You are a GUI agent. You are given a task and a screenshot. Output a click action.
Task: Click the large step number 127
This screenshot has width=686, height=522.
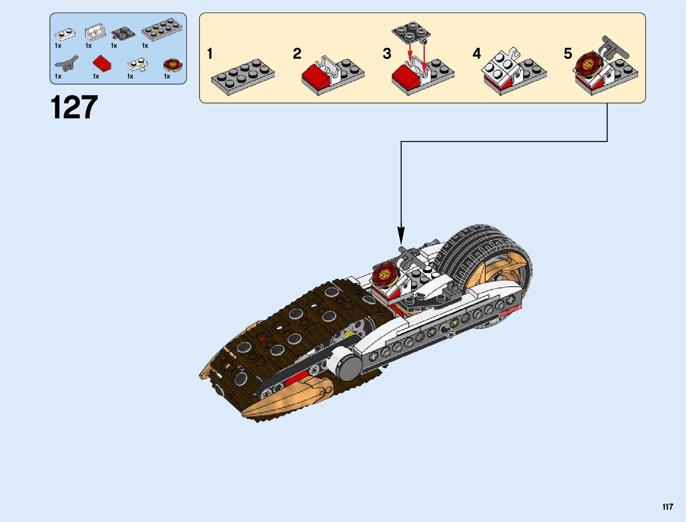click(x=74, y=107)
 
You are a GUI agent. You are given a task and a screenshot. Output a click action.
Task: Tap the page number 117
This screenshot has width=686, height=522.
click(x=668, y=507)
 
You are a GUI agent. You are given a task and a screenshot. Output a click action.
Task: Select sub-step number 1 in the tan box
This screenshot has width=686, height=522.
click(x=210, y=54)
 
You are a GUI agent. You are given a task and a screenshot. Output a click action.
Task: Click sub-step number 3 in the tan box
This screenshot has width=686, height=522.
click(x=387, y=54)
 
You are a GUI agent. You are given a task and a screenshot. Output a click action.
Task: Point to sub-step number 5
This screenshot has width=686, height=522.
click(x=568, y=54)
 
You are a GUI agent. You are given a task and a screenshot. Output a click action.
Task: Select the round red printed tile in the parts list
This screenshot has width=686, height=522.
click(x=172, y=65)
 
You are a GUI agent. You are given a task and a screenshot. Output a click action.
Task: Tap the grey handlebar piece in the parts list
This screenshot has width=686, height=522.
click(x=66, y=64)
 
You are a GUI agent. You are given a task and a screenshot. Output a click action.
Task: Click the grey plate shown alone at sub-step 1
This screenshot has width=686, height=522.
click(x=243, y=76)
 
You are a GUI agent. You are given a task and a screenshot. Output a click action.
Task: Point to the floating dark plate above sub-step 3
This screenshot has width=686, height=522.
click(x=411, y=30)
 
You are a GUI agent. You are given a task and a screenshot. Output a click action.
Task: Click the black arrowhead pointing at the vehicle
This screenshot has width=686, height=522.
click(x=401, y=234)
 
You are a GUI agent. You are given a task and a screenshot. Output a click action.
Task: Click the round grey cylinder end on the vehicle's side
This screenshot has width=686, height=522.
click(x=349, y=367)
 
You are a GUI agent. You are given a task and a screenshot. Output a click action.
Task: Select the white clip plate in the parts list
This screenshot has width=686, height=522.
click(x=137, y=65)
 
